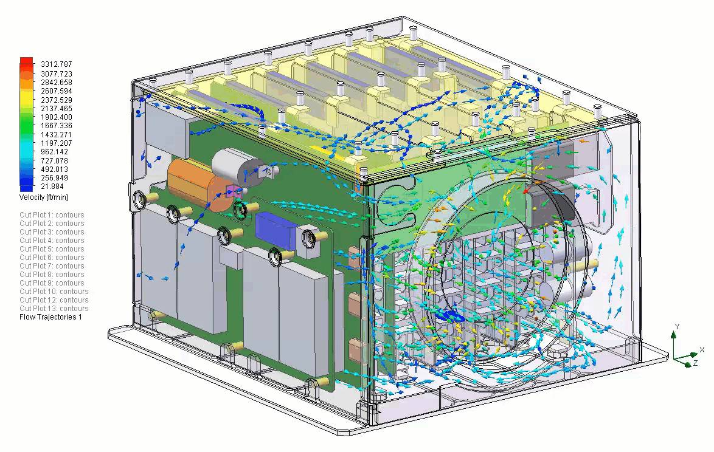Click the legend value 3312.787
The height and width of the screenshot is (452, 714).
coord(57,64)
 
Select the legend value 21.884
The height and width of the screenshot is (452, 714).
coord(52,187)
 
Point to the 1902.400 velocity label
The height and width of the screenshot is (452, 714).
coord(57,117)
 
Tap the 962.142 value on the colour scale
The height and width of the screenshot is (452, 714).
coord(54,152)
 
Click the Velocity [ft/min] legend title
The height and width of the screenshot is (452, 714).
coord(44,197)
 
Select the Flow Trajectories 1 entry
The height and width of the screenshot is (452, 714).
coord(50,317)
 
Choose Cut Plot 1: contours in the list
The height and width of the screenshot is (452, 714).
coord(52,214)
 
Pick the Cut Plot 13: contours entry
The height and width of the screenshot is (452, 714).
coord(54,308)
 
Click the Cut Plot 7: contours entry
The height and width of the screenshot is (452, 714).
coord(52,266)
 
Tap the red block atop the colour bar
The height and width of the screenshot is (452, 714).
coord(26,61)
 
